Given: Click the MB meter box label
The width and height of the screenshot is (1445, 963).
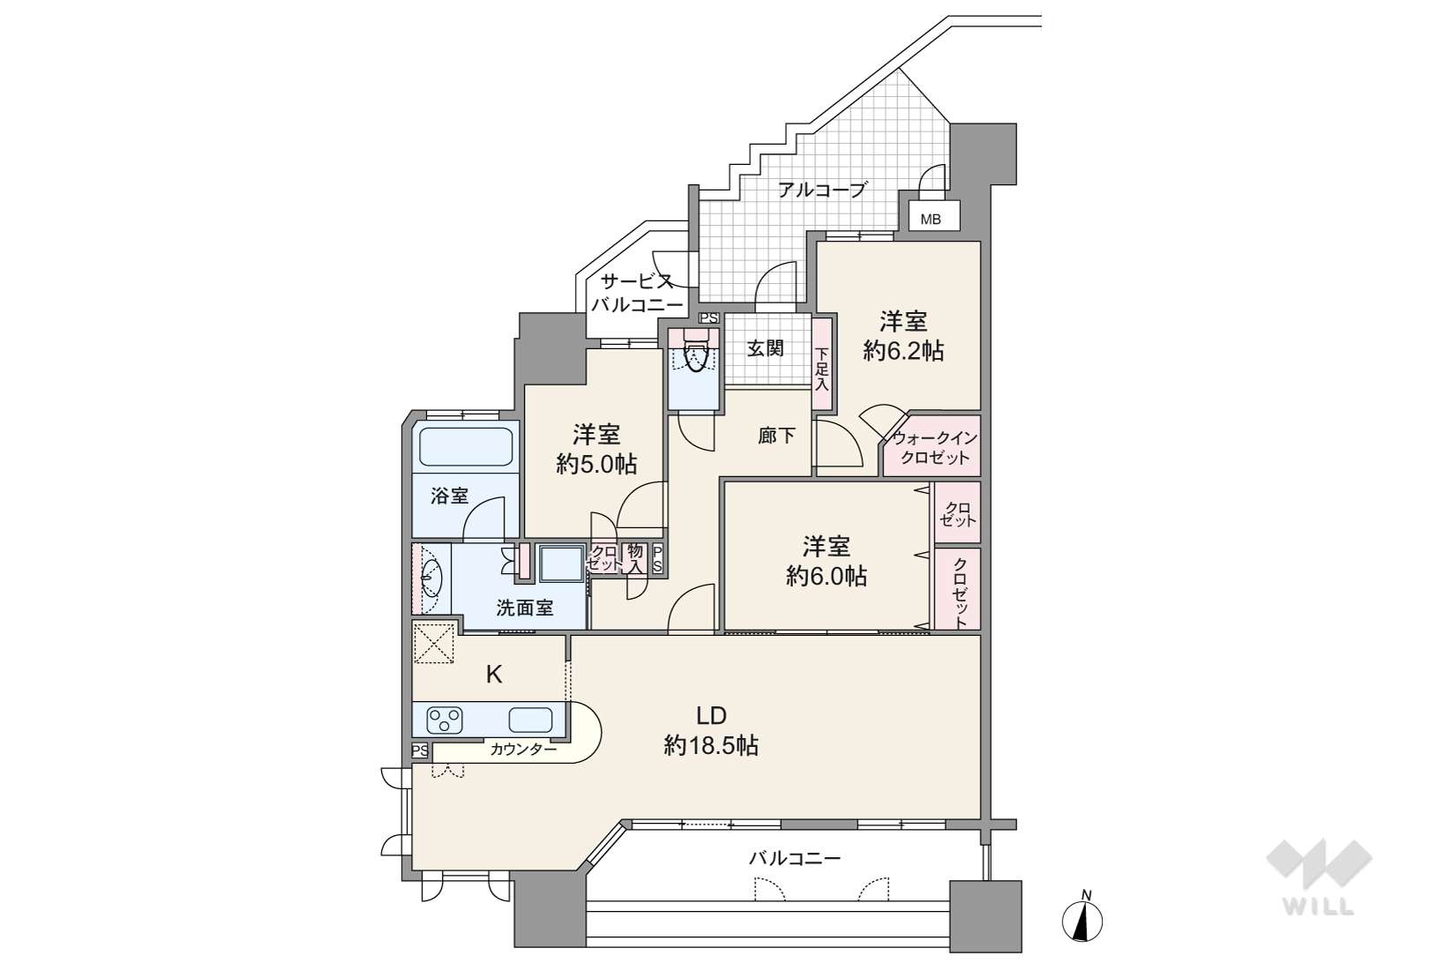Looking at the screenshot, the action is (x=930, y=220).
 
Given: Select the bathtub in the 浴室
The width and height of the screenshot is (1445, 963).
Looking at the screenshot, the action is (x=466, y=446).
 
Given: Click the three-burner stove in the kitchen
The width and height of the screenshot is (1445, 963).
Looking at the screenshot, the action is (x=445, y=720).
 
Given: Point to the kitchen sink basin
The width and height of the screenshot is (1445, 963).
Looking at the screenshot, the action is (x=530, y=720).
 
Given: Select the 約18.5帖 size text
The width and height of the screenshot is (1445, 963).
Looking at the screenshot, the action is (x=711, y=746).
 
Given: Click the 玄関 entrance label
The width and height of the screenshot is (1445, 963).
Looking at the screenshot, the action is (x=766, y=348).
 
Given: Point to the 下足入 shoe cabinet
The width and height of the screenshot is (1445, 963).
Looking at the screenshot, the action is (x=821, y=364).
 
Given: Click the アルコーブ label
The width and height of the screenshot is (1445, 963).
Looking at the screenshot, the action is (x=820, y=190).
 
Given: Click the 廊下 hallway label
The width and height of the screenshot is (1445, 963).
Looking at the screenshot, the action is (x=776, y=436).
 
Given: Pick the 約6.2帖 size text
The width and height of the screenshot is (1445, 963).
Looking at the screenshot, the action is (x=903, y=352).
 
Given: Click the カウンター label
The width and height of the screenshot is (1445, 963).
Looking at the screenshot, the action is (x=523, y=750).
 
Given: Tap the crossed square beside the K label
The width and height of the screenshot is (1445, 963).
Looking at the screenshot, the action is (x=433, y=642).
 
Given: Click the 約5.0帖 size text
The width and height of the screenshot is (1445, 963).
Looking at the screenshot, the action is (x=596, y=464).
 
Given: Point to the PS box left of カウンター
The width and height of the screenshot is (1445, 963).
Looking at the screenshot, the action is (x=420, y=750).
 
